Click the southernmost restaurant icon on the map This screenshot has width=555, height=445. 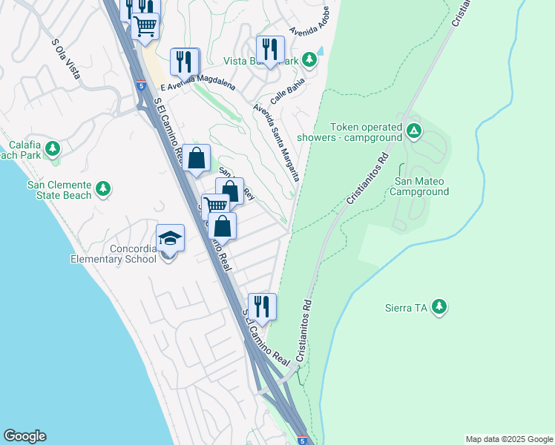coord(262,306)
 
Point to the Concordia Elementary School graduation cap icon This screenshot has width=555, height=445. coord(170,238)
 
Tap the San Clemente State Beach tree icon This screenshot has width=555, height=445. coord(103,189)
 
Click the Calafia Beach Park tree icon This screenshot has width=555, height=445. coord(52,148)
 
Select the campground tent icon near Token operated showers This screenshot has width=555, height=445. coord(413,132)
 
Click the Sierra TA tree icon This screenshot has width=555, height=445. coord(439,306)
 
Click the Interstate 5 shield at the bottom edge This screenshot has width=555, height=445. coord(301,439)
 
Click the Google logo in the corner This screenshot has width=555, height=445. coord(24,436)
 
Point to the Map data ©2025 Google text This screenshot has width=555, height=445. coord(508,439)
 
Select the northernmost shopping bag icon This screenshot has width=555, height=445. coord(197,157)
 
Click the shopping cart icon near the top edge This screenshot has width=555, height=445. coord(145,26)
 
